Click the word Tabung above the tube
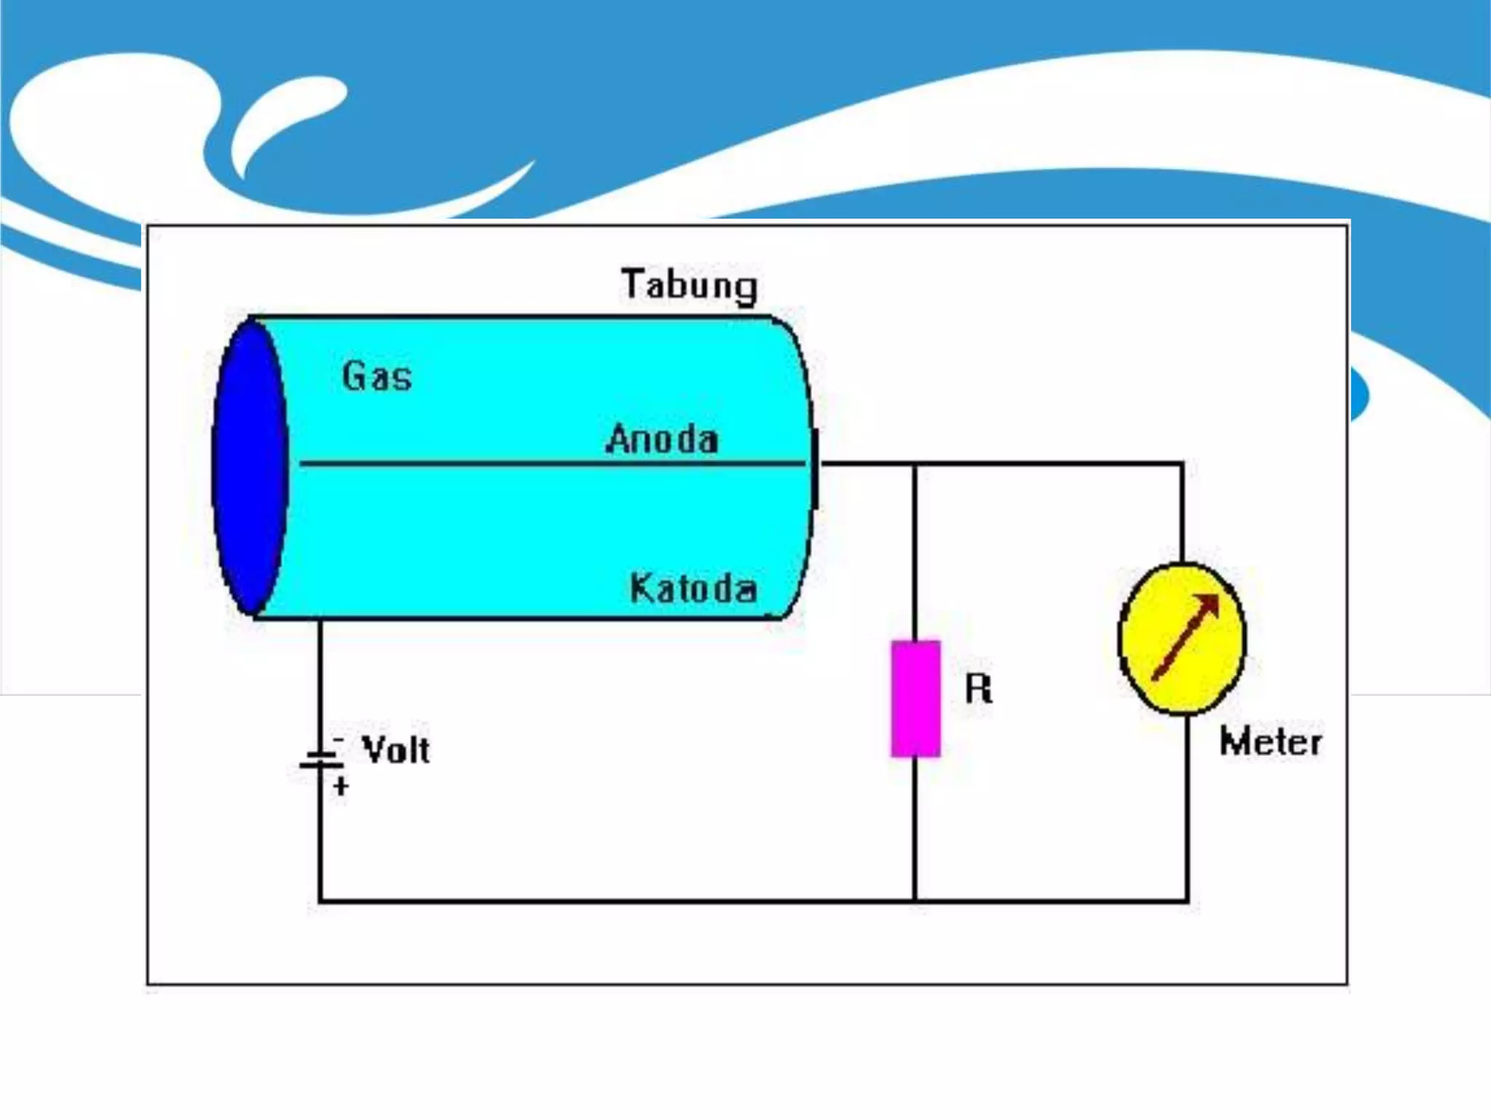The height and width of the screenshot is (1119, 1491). pos(689,285)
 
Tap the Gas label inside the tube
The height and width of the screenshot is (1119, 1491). pos(377,376)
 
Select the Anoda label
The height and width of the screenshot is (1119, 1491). pos(662,439)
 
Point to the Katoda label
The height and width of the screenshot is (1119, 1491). pos(693,588)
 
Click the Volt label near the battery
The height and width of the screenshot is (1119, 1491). pos(396,750)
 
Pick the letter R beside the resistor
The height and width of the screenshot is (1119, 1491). pos(978,688)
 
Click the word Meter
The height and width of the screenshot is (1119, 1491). pos(1270,742)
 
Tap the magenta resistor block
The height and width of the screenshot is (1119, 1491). pos(916,699)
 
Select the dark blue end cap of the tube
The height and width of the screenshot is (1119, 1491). pos(250,467)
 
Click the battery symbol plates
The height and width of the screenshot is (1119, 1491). pos(321,760)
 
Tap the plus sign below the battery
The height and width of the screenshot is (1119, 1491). pos(341,786)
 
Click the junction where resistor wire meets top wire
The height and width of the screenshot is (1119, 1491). pos(915,463)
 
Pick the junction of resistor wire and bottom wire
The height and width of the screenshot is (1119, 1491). pos(915,901)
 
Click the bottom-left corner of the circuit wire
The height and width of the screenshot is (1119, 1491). pos(320,901)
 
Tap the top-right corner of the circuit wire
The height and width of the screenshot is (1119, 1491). pos(1182,463)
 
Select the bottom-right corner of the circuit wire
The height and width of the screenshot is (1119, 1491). pos(1187,901)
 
